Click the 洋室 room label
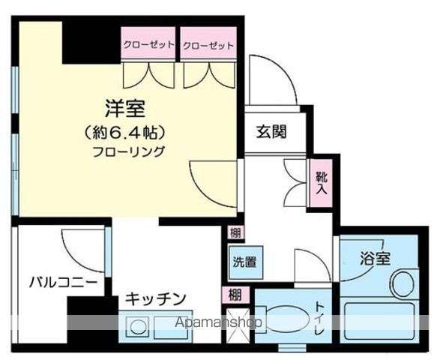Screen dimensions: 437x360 tap(125, 109)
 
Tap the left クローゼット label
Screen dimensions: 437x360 tap(148, 44)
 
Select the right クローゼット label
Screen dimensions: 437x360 tap(208, 46)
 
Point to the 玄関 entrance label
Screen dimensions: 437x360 tap(271, 132)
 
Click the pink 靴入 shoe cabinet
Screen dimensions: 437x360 tap(321, 183)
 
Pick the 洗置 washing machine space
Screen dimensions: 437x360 tap(245, 262)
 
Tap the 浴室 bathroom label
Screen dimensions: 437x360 tap(375, 258)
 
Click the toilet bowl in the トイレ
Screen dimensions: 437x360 tap(286, 319)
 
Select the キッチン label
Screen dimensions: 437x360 tap(155, 299)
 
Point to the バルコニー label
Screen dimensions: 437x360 tap(64, 283)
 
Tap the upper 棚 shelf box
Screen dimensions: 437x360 tap(235, 232)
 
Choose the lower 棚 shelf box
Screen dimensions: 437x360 tap(235, 295)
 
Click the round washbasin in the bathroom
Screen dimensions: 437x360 tap(403, 283)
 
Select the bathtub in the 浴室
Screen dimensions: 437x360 tap(379, 321)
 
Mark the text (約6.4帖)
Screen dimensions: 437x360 tap(125, 133)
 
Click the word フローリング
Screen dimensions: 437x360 tap(128, 151)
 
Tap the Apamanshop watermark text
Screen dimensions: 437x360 tap(219, 322)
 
